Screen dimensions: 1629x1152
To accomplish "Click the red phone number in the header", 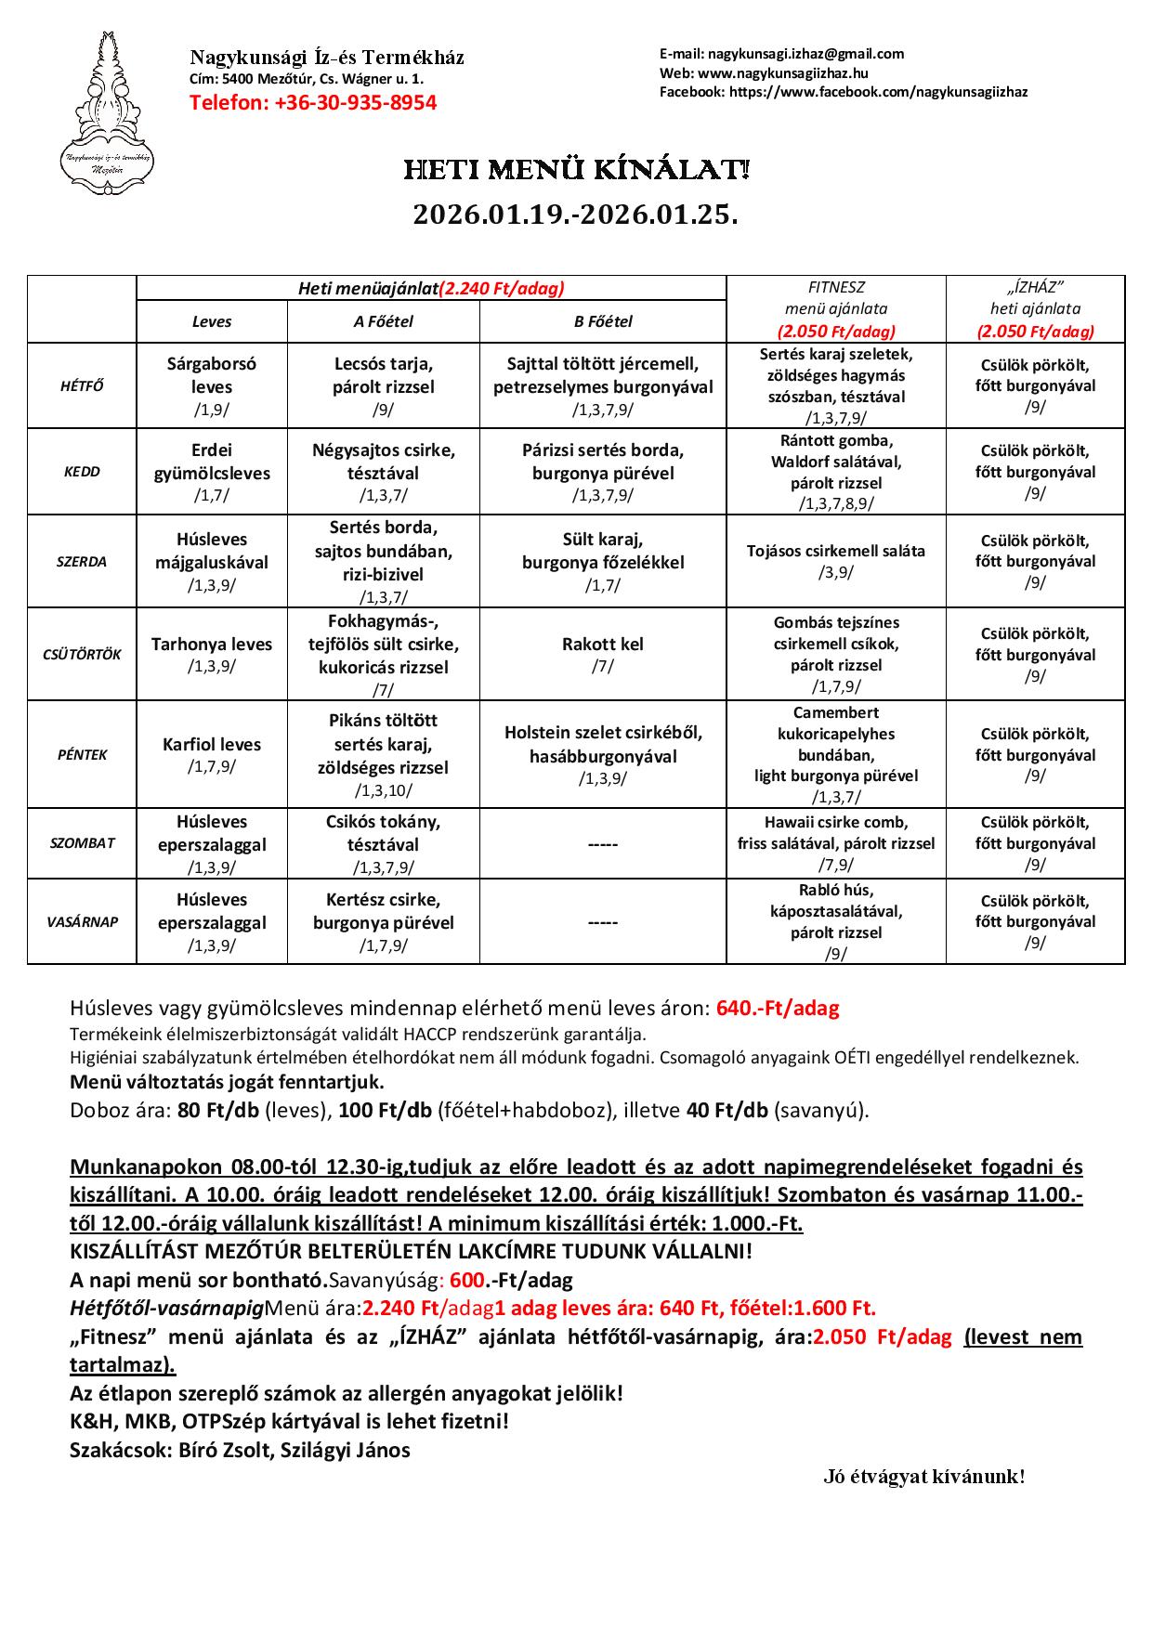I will (313, 102).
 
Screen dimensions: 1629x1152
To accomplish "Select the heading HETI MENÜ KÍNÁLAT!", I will (575, 171).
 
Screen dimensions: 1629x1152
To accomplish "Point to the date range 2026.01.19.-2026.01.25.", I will (575, 215).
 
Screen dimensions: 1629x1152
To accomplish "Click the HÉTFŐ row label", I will (82, 385).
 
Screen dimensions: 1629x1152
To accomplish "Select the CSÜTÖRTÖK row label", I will (82, 654).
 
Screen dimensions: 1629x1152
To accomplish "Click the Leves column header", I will (212, 321).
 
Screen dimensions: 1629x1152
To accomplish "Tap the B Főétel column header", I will (603, 321).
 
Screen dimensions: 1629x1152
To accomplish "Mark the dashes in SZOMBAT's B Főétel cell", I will (603, 845).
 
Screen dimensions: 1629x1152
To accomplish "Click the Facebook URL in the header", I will (878, 91).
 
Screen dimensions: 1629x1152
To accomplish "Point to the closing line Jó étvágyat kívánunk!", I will (923, 1477).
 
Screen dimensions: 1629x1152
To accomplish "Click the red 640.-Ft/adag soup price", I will (778, 1009).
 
